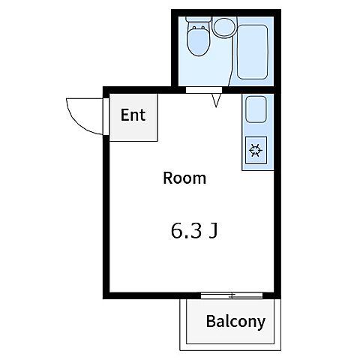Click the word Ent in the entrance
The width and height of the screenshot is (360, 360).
pyautogui.click(x=133, y=115)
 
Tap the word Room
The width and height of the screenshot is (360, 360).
pyautogui.click(x=184, y=178)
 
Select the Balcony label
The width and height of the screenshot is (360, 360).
pyautogui.click(x=235, y=322)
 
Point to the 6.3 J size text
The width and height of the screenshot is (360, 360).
pyautogui.click(x=193, y=231)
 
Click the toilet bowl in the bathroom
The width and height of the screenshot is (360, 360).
pyautogui.click(x=199, y=41)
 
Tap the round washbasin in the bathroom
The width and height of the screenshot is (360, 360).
pyautogui.click(x=224, y=28)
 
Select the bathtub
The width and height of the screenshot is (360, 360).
pyautogui.click(x=252, y=52)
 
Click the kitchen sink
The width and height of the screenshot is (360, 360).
pyautogui.click(x=256, y=109)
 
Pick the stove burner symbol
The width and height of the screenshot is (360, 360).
pyautogui.click(x=256, y=150)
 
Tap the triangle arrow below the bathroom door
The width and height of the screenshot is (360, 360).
pyautogui.click(x=216, y=100)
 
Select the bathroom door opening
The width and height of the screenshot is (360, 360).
pyautogui.click(x=204, y=90)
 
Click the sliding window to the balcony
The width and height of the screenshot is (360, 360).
pyautogui.click(x=232, y=295)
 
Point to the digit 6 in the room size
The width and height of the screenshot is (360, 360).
pyautogui.click(x=176, y=231)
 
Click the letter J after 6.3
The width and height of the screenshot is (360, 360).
pyautogui.click(x=213, y=231)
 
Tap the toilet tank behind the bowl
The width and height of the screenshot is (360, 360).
pyautogui.click(x=199, y=19)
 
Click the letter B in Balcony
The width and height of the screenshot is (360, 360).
pyautogui.click(x=211, y=321)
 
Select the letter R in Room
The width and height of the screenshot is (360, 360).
pyautogui.click(x=168, y=178)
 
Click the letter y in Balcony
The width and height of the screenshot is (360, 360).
pyautogui.click(x=261, y=324)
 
